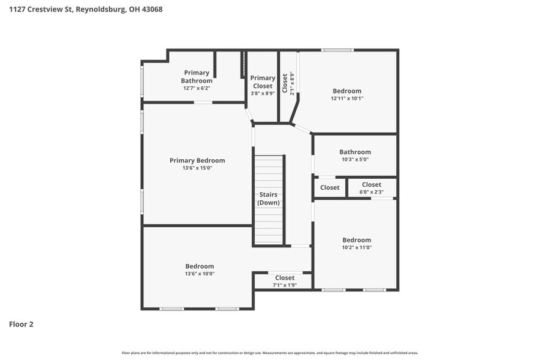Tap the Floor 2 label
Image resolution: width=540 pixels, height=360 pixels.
tap(21, 324)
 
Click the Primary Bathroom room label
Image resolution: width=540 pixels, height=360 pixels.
tap(197, 77)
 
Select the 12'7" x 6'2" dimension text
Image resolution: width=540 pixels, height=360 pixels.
tap(197, 88)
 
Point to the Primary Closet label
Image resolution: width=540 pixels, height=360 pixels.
tap(263, 81)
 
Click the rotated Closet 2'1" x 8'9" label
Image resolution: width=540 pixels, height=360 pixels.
tap(288, 83)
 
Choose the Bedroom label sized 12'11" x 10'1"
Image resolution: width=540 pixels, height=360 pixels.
tap(347, 91)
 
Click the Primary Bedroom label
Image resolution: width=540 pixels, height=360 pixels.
tap(197, 160)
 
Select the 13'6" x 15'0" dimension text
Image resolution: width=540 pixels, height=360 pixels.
tap(197, 168)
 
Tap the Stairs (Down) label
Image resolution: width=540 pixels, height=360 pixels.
tap(269, 198)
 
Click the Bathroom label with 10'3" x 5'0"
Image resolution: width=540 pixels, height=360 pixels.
tap(355, 152)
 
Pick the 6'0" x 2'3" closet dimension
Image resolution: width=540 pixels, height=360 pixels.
tap(372, 192)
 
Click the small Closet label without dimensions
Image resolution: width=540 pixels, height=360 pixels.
tap(329, 188)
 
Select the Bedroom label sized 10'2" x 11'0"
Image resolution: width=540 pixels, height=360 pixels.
tap(356, 240)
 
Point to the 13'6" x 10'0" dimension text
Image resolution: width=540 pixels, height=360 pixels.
tap(200, 274)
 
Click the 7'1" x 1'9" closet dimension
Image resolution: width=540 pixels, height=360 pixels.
tap(285, 285)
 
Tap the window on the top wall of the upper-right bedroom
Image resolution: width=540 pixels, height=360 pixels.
tap(337, 50)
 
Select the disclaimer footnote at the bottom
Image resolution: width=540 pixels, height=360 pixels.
tap(270, 353)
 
